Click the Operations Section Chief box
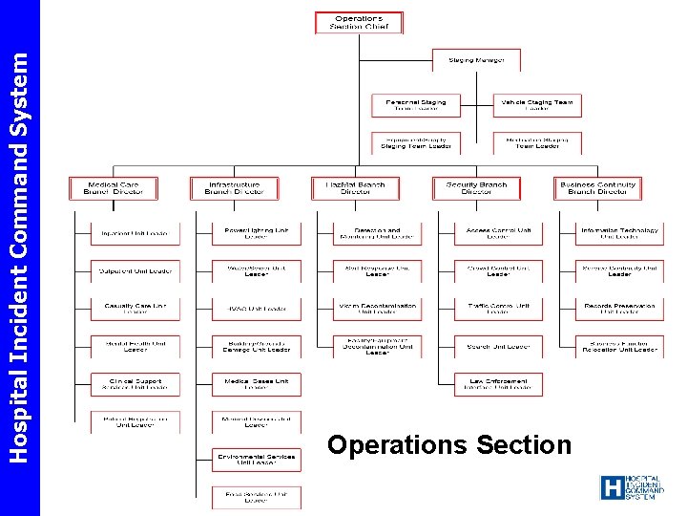coord(359,22)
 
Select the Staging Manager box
coord(476,60)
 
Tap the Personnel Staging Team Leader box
coord(416,105)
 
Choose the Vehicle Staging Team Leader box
coord(537,105)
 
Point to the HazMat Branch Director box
coord(356,188)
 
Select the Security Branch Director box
coord(477,188)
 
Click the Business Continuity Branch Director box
coord(598,188)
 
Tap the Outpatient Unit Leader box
coord(135,271)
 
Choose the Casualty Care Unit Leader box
coord(135,309)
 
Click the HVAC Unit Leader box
coord(257,309)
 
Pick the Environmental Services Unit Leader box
coord(257,460)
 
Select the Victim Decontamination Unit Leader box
coord(377,309)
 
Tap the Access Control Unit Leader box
coord(498,233)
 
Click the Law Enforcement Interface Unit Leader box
coord(498,384)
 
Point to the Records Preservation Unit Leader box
coord(619,309)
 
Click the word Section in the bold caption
coord(525,445)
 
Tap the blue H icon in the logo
coord(612,488)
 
